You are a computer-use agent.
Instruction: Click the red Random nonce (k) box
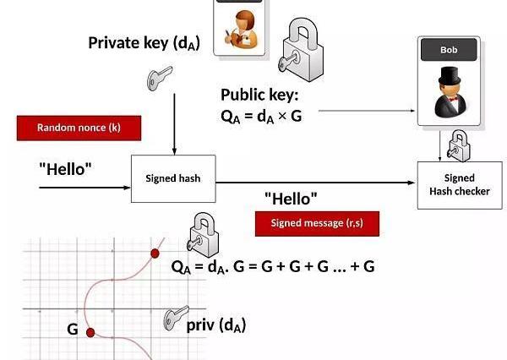pos(79,128)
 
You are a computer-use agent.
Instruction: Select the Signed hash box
pos(172,178)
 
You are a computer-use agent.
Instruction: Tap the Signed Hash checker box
pos(459,184)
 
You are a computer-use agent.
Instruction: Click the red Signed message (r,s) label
pos(317,223)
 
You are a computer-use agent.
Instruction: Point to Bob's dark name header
pos(448,50)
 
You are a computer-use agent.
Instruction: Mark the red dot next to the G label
pos(90,331)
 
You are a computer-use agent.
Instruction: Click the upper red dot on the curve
pos(155,253)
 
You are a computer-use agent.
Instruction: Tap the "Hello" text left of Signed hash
pos(65,168)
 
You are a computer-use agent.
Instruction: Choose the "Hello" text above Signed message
pos(291,199)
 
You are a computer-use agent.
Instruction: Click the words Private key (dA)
pos(144,42)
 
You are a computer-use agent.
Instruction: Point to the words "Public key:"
pos(259,95)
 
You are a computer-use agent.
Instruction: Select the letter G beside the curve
pos(73,330)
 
